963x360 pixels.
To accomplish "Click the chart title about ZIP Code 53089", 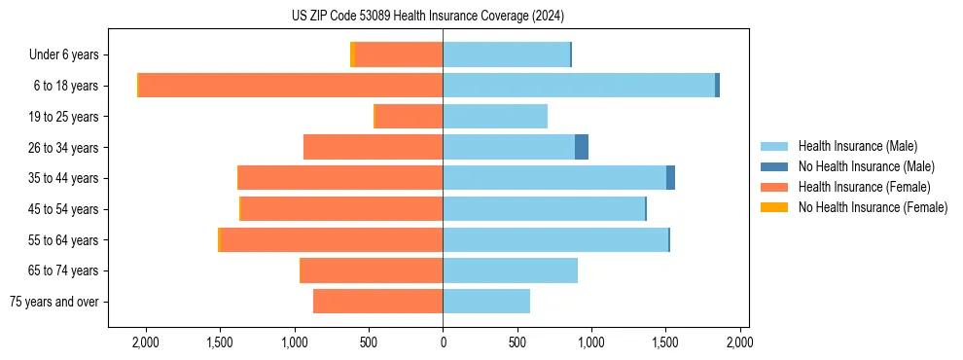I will pyautogui.click(x=427, y=17).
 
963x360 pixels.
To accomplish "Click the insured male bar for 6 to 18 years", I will pyautogui.click(x=579, y=86).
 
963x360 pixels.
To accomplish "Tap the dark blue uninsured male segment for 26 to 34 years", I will pyautogui.click(x=582, y=147).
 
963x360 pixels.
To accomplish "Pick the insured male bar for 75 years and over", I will pyautogui.click(x=486, y=302).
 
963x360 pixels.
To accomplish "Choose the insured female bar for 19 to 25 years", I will pyautogui.click(x=409, y=117).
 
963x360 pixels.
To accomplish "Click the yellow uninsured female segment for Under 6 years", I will pyautogui.click(x=352, y=54).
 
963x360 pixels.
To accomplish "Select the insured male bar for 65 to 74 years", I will pyautogui.click(x=511, y=270).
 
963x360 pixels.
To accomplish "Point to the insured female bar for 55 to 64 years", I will pyautogui.click(x=332, y=239).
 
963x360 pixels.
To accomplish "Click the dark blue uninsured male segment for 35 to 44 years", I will pyautogui.click(x=670, y=178).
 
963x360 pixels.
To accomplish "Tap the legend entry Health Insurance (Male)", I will pyautogui.click(x=857, y=146).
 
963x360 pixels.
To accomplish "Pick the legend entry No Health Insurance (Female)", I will pyautogui.click(x=873, y=207).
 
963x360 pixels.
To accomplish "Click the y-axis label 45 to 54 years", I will pyautogui.click(x=65, y=209).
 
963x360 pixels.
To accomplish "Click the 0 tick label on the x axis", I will pyautogui.click(x=443, y=342).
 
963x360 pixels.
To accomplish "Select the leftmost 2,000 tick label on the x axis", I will pyautogui.click(x=146, y=342).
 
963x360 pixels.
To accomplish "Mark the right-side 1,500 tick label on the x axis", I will pyautogui.click(x=665, y=342).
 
